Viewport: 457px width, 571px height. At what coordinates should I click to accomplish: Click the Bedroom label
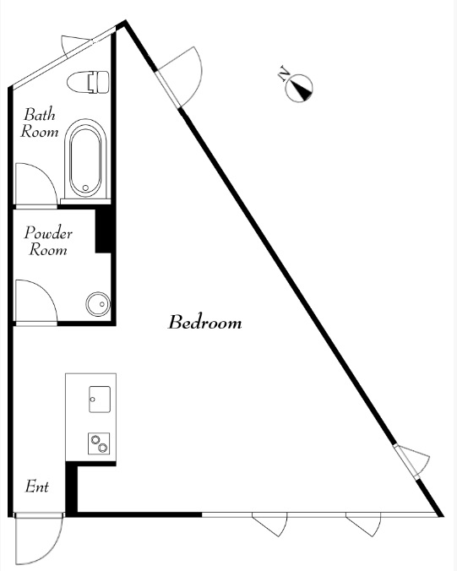tap(204, 322)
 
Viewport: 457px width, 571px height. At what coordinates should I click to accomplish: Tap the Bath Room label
tap(40, 122)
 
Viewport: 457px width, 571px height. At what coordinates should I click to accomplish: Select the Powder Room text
tap(48, 241)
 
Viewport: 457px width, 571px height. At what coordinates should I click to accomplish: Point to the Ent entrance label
tap(37, 487)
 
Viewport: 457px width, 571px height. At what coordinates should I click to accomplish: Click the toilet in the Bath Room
tap(88, 81)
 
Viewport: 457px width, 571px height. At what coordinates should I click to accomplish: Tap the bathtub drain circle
tap(85, 188)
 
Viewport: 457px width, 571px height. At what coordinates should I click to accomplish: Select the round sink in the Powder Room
tap(98, 304)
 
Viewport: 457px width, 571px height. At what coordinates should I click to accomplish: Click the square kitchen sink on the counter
tap(100, 400)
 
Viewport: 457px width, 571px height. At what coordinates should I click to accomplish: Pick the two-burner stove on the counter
tap(99, 443)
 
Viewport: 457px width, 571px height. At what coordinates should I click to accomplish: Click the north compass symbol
tap(299, 88)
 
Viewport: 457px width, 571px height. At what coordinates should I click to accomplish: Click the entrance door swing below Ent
tap(39, 539)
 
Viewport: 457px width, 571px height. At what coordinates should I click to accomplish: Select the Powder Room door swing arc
tap(35, 302)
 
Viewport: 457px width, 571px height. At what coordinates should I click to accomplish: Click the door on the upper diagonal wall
tap(179, 77)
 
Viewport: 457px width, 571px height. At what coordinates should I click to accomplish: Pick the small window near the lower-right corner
tap(412, 461)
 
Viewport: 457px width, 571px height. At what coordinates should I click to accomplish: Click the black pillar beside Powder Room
tap(103, 231)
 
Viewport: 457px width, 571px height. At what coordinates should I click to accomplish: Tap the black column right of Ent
tap(72, 489)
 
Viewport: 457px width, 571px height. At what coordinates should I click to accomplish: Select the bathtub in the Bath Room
tap(85, 158)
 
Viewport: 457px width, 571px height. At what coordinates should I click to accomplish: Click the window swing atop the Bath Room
tap(75, 46)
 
